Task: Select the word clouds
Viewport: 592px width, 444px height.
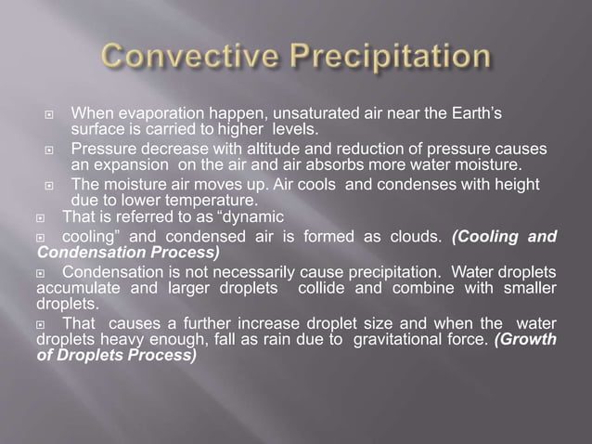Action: [417, 236]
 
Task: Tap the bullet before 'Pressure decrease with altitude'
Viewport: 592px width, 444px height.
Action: [52, 150]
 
